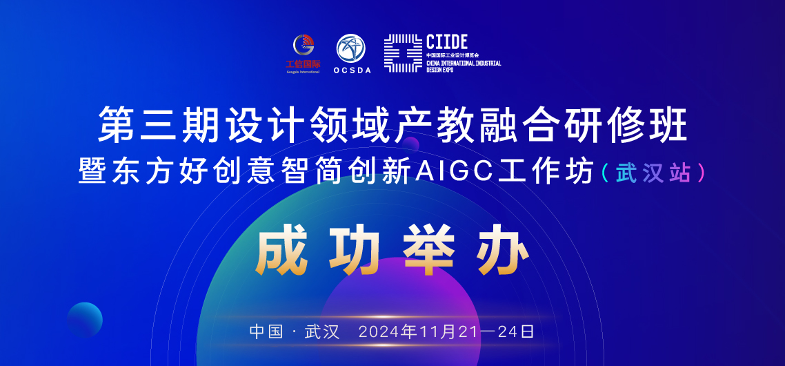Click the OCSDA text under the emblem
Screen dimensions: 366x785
pyautogui.click(x=352, y=70)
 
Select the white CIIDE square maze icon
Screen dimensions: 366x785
pyautogui.click(x=403, y=53)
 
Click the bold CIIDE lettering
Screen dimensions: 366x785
pyautogui.click(x=446, y=41)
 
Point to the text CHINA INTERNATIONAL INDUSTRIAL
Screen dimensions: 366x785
pyautogui.click(x=464, y=64)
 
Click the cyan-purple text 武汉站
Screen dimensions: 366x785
pyautogui.click(x=653, y=172)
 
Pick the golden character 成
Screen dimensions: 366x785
pyautogui.click(x=279, y=252)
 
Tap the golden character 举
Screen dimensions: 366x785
pyautogui.click(x=429, y=252)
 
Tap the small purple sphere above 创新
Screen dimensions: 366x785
pyautogui.click(x=411, y=144)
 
